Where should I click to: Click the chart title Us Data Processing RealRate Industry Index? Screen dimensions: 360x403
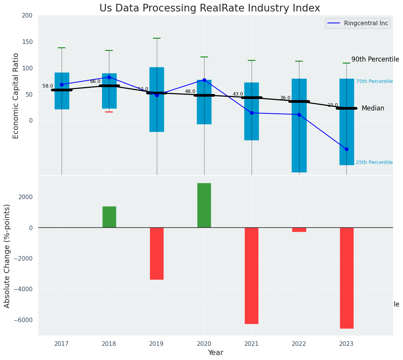210,8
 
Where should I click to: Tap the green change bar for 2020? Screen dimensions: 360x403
204,205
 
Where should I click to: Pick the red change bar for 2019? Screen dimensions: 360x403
157,253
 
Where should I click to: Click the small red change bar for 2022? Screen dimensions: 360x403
299,230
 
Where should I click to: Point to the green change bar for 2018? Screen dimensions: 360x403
109,217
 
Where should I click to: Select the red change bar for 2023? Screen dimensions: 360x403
346,278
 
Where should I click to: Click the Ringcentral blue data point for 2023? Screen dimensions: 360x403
346,149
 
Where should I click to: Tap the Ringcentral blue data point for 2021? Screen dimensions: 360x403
252,113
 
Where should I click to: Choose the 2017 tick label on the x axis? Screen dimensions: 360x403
62,344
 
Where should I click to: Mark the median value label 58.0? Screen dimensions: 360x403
48,86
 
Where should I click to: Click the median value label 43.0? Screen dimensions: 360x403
238,94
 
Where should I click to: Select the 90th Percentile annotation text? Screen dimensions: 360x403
375,59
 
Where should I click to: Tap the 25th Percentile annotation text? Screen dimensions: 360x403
374,162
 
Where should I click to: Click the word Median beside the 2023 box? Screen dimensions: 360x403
373,109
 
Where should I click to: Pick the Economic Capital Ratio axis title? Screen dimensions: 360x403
16,96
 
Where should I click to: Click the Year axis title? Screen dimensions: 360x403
216,353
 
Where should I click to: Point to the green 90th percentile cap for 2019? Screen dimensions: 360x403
157,38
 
